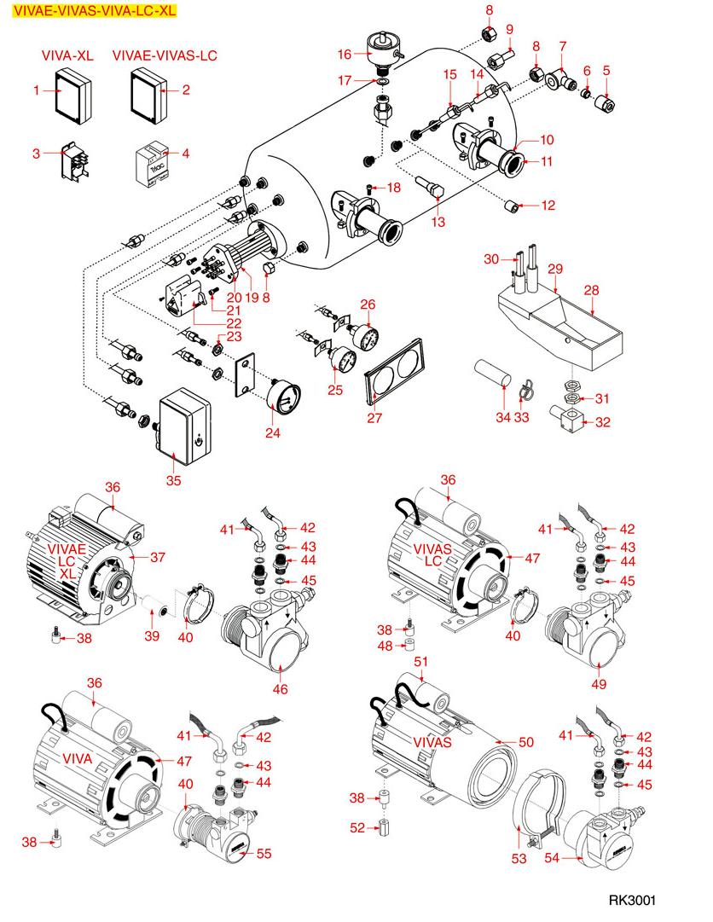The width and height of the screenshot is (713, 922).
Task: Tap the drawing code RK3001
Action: tap(633, 901)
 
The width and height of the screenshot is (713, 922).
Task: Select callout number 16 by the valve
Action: tap(345, 55)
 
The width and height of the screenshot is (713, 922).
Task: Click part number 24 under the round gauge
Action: tap(272, 433)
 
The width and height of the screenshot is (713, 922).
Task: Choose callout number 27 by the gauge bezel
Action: tap(375, 418)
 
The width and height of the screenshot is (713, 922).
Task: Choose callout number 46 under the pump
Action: tap(279, 688)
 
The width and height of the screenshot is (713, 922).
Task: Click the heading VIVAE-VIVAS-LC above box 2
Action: tap(165, 55)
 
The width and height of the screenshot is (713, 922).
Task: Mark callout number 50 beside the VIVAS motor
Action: tap(526, 743)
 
